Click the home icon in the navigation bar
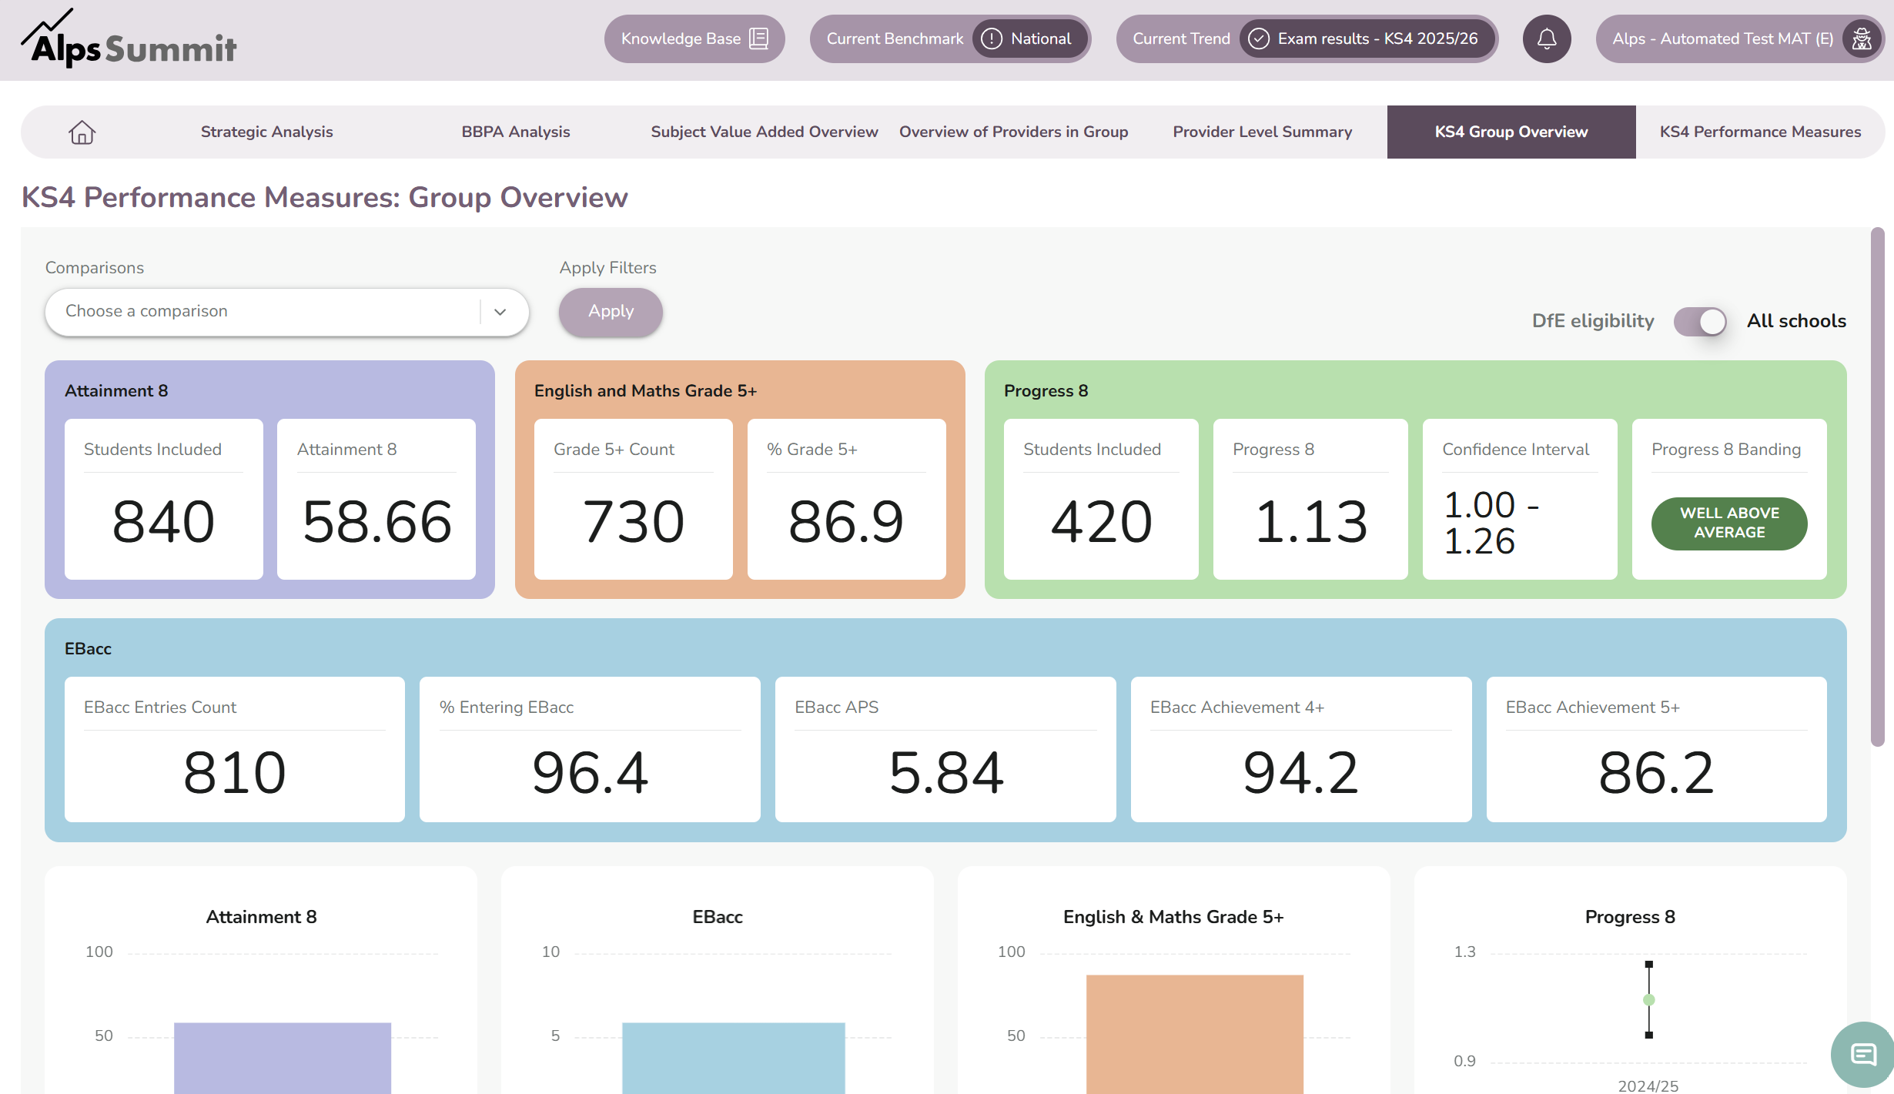[x=82, y=132]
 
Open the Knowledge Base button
[x=694, y=38]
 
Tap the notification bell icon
[x=1546, y=38]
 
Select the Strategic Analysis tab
[x=266, y=132]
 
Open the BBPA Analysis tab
[x=515, y=132]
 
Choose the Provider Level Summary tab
[x=1262, y=132]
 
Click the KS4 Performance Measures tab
[x=1760, y=132]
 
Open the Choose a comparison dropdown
[x=286, y=312]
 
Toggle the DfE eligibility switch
[x=1700, y=321]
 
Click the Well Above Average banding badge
[x=1729, y=524]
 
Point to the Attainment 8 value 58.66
[x=376, y=522]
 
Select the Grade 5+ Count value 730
[x=633, y=522]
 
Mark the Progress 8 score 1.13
[x=1310, y=522]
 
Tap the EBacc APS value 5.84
[x=945, y=773]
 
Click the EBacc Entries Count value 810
[x=235, y=773]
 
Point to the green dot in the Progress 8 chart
[x=1648, y=1000]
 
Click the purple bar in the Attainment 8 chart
[x=282, y=1058]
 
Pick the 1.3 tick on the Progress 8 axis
[x=1464, y=952]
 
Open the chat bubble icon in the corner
[x=1862, y=1055]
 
